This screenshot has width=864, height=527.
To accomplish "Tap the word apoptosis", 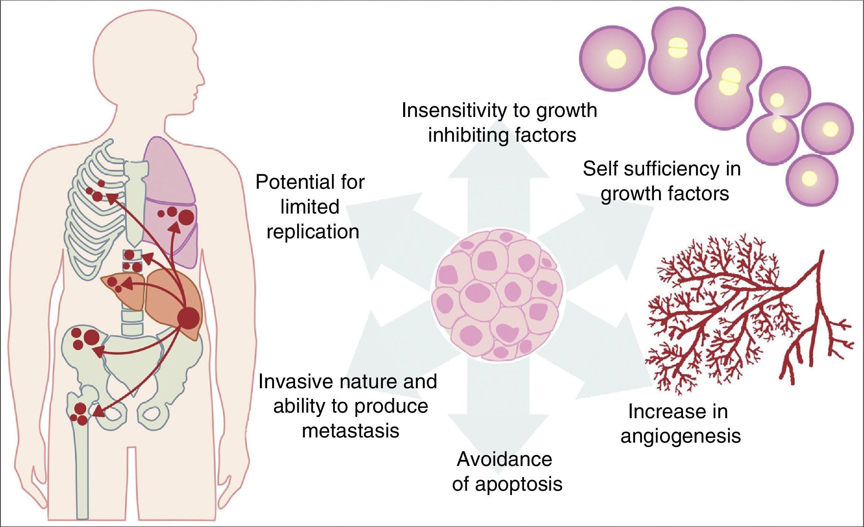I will tap(519, 484).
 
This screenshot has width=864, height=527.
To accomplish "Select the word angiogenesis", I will tap(681, 436).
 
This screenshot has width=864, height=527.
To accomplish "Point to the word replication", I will tap(313, 232).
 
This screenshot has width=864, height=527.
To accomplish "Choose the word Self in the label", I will tap(601, 169).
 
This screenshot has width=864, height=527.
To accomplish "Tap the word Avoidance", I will tap(504, 459).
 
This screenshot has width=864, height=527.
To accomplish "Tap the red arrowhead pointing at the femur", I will tap(97, 412).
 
